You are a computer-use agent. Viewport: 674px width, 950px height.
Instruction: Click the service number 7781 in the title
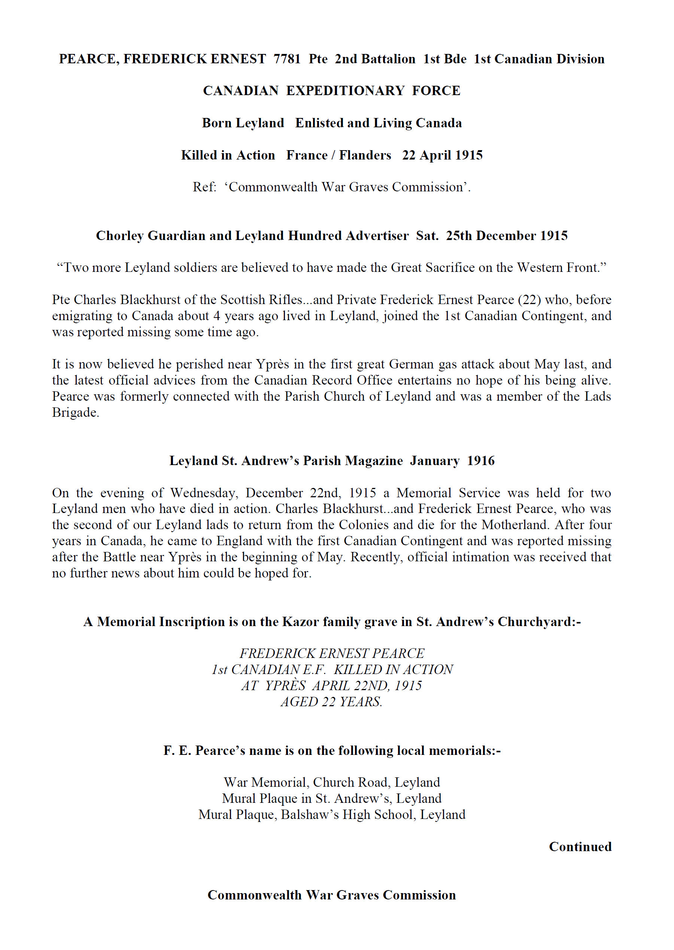point(287,59)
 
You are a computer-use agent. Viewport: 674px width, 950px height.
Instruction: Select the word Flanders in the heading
point(365,155)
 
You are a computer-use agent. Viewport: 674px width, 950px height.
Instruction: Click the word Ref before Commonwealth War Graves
point(204,187)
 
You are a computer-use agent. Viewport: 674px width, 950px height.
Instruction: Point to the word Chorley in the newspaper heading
point(120,236)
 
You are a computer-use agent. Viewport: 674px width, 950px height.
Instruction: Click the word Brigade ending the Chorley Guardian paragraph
point(75,413)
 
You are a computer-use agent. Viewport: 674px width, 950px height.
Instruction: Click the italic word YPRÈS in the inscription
point(286,686)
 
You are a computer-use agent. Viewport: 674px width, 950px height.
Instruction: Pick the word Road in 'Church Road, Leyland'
point(374,782)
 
